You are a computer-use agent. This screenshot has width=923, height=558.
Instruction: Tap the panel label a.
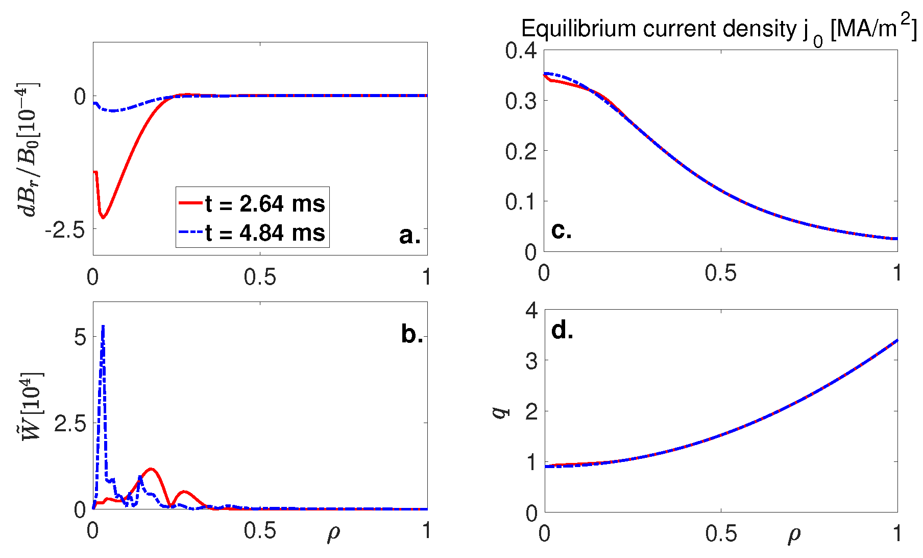(410, 235)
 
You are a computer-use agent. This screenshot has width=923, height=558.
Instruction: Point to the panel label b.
(412, 334)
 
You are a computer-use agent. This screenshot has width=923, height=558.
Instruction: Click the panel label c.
(561, 230)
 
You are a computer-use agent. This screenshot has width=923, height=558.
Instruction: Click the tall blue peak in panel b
(103, 328)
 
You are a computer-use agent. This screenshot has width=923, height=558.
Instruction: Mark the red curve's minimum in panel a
(103, 218)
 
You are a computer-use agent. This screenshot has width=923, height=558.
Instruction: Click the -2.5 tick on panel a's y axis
(65, 231)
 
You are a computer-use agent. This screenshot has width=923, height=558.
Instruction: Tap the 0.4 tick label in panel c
(521, 51)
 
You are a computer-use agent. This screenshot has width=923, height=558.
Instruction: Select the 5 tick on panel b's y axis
(80, 337)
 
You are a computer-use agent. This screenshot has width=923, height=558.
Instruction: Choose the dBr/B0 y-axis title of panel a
(28, 149)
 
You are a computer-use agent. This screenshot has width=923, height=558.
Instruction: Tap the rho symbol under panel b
(333, 533)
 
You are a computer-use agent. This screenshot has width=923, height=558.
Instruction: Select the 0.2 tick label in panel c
(521, 152)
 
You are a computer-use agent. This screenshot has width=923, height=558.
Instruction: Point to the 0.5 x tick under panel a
(260, 277)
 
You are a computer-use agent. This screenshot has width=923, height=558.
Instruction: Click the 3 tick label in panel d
(531, 361)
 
